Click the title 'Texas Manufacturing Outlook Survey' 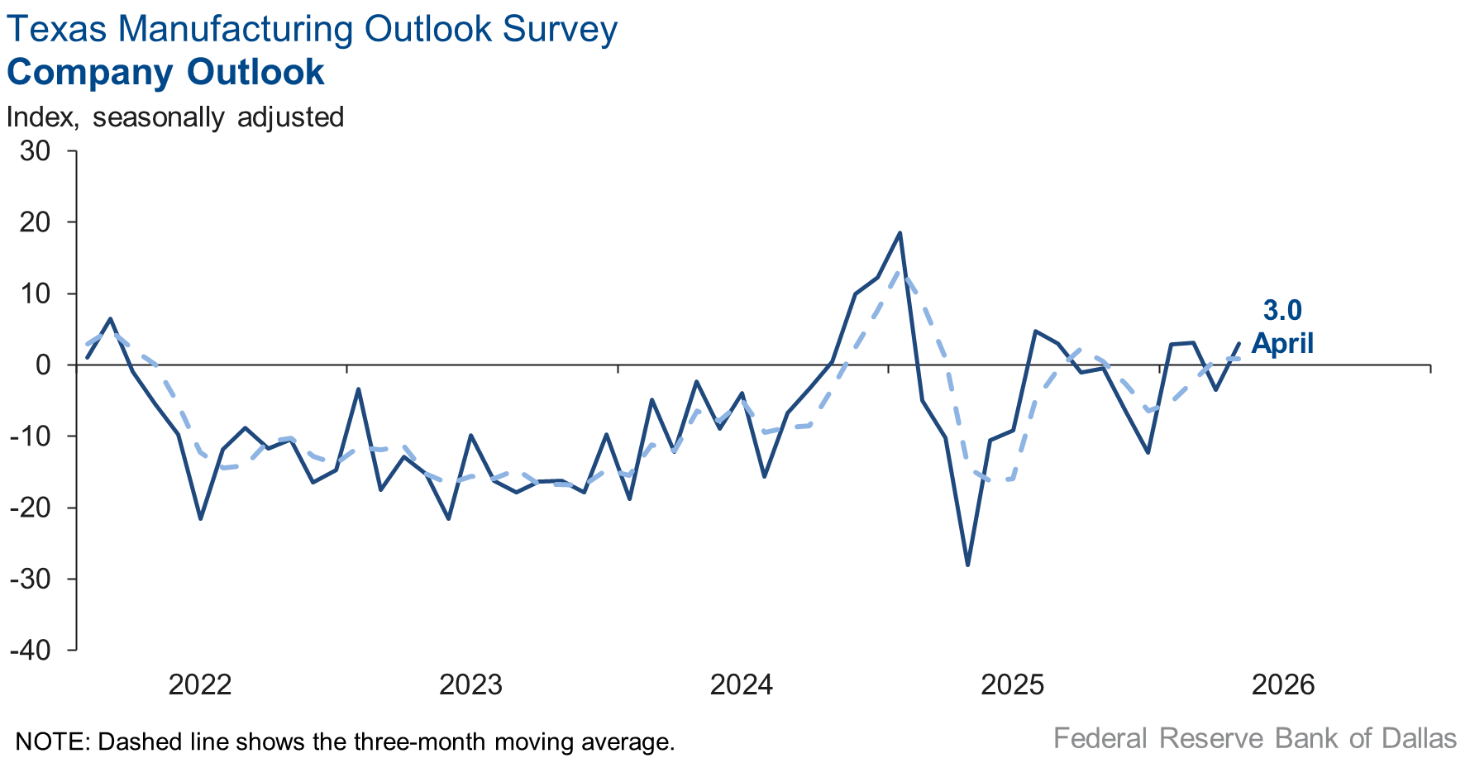[312, 30]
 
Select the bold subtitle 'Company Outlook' [165, 72]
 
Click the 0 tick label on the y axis [43, 365]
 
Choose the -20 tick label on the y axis [31, 508]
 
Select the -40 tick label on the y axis [31, 650]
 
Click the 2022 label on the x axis [200, 684]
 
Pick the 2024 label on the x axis [742, 684]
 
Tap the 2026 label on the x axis [1283, 684]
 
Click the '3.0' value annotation [1282, 310]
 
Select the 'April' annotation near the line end [1282, 342]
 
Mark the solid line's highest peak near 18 [900, 233]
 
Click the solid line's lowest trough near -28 [967, 565]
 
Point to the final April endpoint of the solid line [1239, 343]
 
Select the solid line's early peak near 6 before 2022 [110, 319]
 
